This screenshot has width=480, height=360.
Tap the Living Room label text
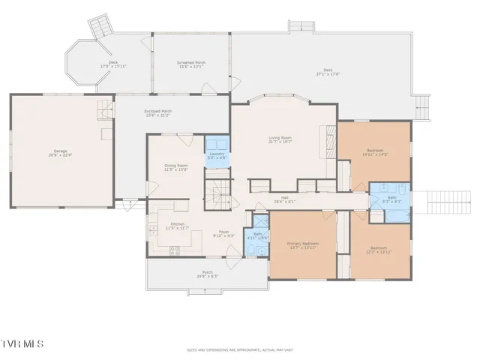click(x=280, y=139)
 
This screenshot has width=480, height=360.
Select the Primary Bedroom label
click(x=303, y=245)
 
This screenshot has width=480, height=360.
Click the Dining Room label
click(x=176, y=167)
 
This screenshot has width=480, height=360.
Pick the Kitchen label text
click(x=177, y=226)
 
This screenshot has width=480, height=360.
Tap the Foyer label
click(x=223, y=233)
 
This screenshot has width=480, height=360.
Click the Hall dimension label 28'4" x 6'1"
click(x=285, y=199)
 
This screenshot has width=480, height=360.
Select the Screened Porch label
click(x=190, y=64)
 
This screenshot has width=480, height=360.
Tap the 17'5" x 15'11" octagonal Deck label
click(x=113, y=64)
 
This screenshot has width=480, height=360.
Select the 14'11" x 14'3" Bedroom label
click(x=375, y=151)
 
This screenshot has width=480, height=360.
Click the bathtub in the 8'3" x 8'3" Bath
click(x=397, y=215)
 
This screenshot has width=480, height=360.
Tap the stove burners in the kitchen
click(x=175, y=251)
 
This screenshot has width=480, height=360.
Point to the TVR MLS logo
click(x=22, y=343)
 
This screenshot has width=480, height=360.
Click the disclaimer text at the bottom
click(x=240, y=349)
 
